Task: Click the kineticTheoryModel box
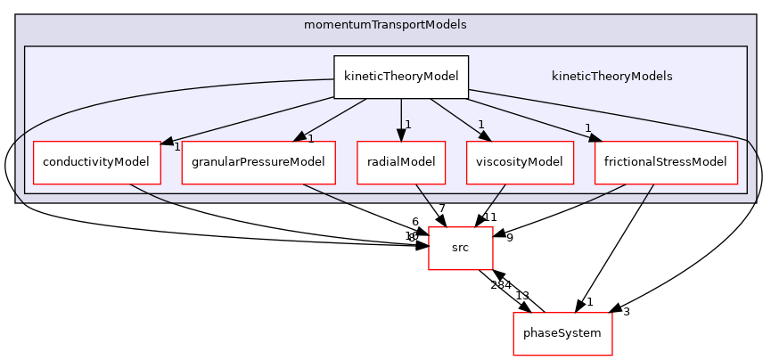(x=401, y=77)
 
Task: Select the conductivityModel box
(x=97, y=162)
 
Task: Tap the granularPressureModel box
(x=258, y=162)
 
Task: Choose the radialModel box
(x=401, y=162)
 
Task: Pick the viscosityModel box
(x=520, y=162)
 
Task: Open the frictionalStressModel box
(x=666, y=162)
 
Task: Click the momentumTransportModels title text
(x=385, y=24)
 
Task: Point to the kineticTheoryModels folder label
(x=611, y=77)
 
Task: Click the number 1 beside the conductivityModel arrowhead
(x=176, y=147)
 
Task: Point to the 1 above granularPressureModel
(x=311, y=138)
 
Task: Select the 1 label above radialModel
(x=407, y=125)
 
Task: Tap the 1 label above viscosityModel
(x=480, y=125)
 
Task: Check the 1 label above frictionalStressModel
(x=588, y=127)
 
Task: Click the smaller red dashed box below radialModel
(x=461, y=248)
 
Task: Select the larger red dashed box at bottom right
(x=562, y=334)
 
